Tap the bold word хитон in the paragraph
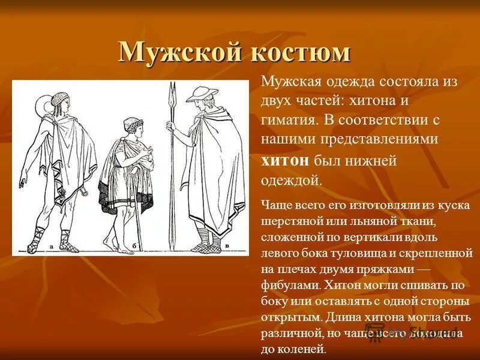284,160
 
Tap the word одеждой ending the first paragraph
292,180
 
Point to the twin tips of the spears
172,90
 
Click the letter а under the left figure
53,245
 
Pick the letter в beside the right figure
227,245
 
